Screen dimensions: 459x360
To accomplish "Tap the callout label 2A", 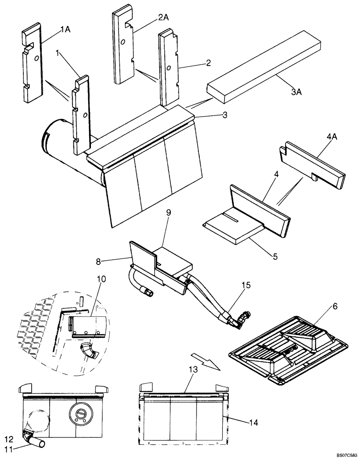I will point(163,17).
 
